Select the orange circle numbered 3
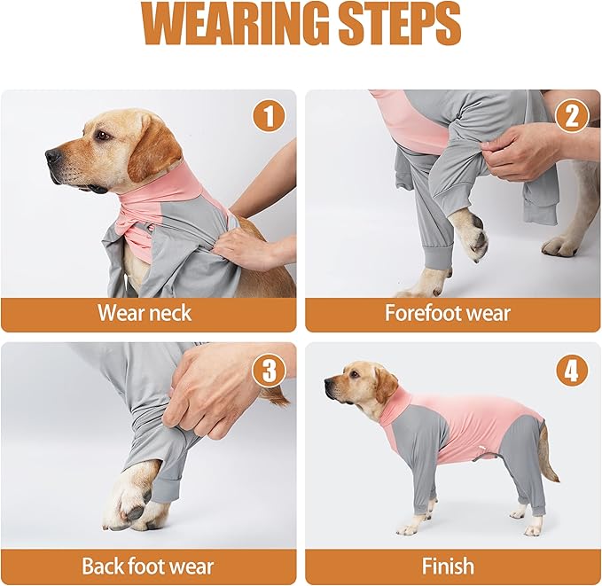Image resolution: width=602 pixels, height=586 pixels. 269,371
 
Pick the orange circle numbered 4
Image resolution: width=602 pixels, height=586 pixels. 571,371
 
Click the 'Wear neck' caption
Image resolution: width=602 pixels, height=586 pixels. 145,312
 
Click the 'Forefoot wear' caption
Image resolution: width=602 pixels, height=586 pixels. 448,312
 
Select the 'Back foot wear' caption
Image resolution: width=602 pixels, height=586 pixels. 147,566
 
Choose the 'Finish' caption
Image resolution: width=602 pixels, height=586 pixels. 448,566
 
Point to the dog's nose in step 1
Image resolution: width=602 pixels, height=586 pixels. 53,157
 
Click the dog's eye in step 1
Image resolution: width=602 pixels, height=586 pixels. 104,136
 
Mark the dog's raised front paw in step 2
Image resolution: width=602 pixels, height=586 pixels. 470,236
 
